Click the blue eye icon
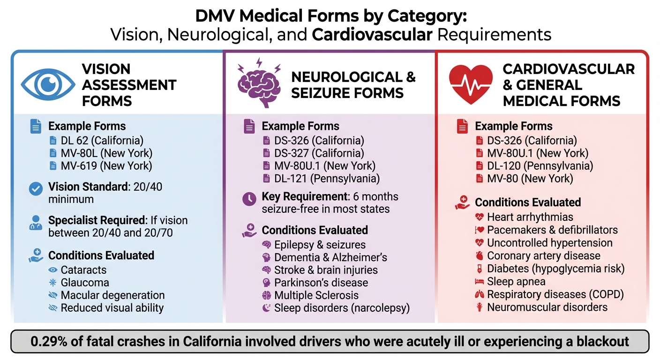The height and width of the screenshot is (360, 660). click(47, 85)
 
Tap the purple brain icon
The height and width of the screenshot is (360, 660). click(259, 82)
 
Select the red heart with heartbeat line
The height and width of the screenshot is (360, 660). click(471, 82)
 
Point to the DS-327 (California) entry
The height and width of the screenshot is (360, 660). click(319, 153)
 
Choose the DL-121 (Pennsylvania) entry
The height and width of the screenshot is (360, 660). click(327, 178)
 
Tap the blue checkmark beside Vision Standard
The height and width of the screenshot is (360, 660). click(36, 188)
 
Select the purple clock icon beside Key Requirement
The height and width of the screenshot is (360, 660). click(249, 198)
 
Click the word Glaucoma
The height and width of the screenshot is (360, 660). click(85, 283)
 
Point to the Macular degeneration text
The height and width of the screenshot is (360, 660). click(112, 295)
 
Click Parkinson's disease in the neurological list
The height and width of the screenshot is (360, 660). click(321, 283)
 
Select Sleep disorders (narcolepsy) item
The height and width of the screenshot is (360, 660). click(342, 308)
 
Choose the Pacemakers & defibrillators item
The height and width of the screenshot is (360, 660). click(552, 230)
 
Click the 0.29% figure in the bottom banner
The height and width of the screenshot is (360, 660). click(51, 341)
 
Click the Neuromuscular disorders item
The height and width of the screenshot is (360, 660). click(547, 307)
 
